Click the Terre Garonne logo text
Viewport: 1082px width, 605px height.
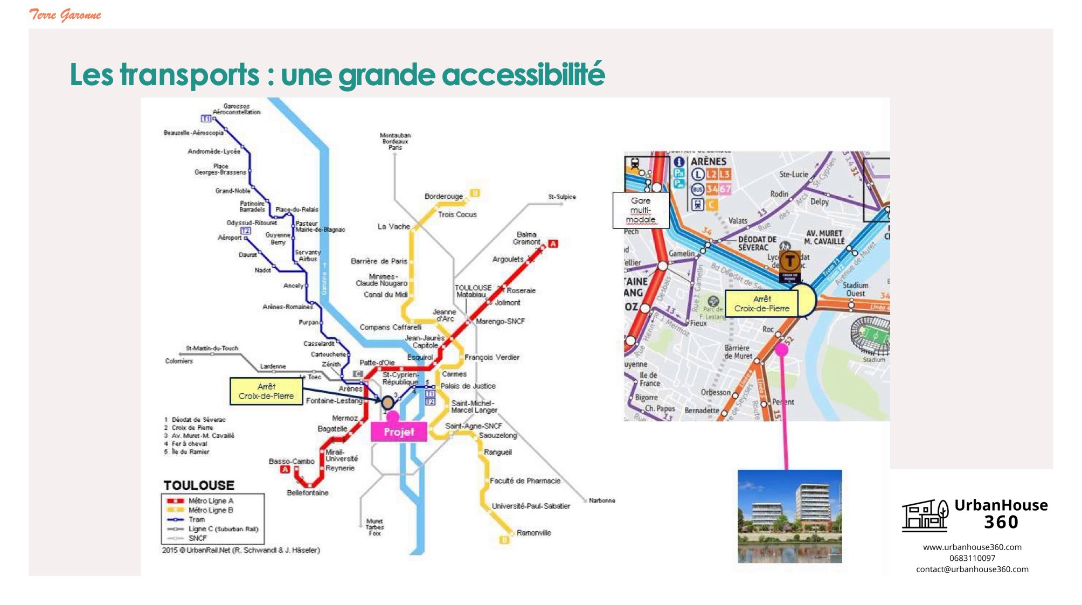65,15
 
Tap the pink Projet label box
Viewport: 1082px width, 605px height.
399,432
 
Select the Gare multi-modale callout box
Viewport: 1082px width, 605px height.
641,210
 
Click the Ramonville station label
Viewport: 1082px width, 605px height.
533,533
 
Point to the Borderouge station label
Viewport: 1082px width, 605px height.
443,197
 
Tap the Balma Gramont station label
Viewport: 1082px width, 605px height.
526,238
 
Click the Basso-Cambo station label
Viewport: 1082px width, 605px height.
292,461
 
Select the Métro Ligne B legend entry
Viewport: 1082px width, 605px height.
210,510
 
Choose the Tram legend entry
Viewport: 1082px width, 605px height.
196,519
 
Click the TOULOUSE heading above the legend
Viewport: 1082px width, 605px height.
199,485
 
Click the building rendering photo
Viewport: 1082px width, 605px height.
789,516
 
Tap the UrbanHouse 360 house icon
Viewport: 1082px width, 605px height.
925,515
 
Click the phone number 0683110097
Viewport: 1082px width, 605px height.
972,558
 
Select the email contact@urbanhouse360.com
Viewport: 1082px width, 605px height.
972,569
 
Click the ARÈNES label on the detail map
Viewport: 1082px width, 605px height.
709,162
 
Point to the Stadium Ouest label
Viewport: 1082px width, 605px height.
855,289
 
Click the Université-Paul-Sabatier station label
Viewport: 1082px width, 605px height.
531,506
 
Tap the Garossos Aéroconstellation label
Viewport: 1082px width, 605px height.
236,109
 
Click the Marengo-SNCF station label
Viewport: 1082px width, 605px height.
500,322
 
